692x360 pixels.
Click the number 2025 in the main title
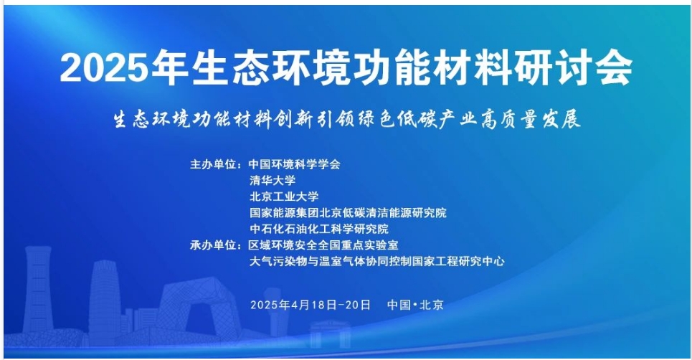point(105,68)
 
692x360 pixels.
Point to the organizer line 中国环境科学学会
point(294,164)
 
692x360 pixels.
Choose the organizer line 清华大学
point(272,181)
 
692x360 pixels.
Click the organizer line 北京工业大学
point(284,196)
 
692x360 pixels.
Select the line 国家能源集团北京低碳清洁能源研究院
point(348,213)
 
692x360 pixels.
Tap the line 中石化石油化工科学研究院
point(318,229)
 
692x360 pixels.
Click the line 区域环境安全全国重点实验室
point(323,245)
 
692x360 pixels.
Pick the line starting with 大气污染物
point(377,261)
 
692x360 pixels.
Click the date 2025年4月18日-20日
point(311,305)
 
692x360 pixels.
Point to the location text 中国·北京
point(415,305)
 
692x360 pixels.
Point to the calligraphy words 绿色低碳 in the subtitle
point(395,119)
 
